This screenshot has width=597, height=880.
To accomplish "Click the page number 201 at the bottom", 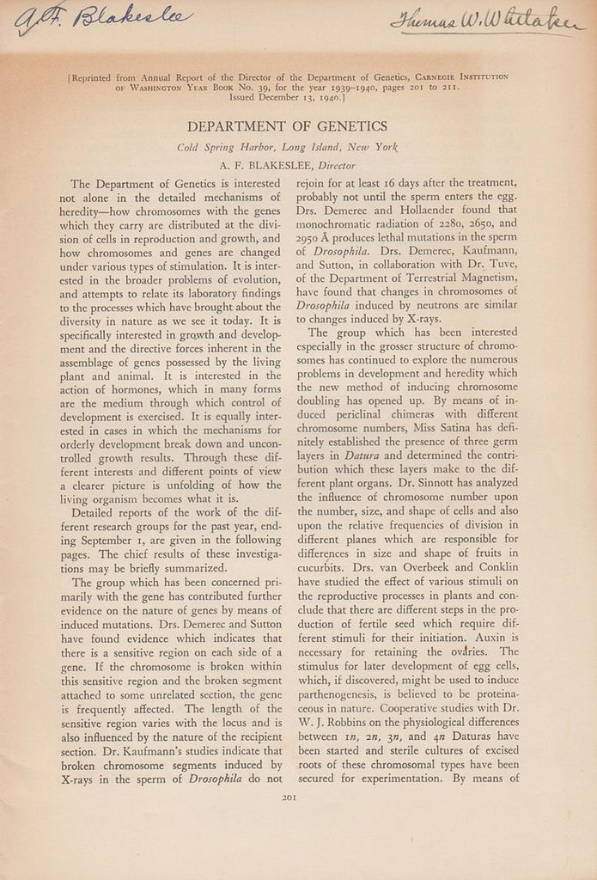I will pyautogui.click(x=289, y=797).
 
